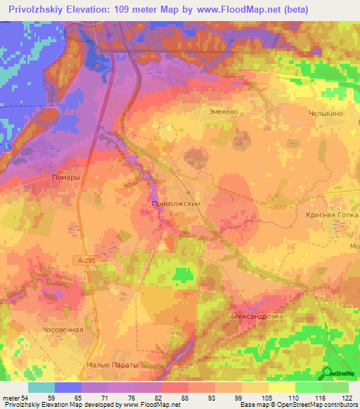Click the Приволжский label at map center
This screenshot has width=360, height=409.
coord(177,203)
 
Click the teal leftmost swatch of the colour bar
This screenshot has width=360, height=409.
coord(41,387)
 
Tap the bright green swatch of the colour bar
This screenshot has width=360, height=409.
coord(308,387)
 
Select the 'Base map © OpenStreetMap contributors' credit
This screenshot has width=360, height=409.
coord(297,405)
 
